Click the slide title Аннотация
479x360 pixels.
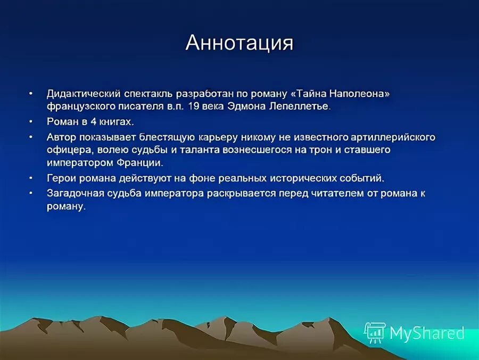point(239,43)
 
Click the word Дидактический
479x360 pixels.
point(82,93)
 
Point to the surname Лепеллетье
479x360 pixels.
point(301,106)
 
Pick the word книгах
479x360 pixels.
point(115,121)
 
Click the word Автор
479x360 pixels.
point(62,137)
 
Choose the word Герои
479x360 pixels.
point(62,178)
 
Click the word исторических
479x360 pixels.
point(304,178)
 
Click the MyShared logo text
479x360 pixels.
point(426,333)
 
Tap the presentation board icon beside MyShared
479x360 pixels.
point(375,332)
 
